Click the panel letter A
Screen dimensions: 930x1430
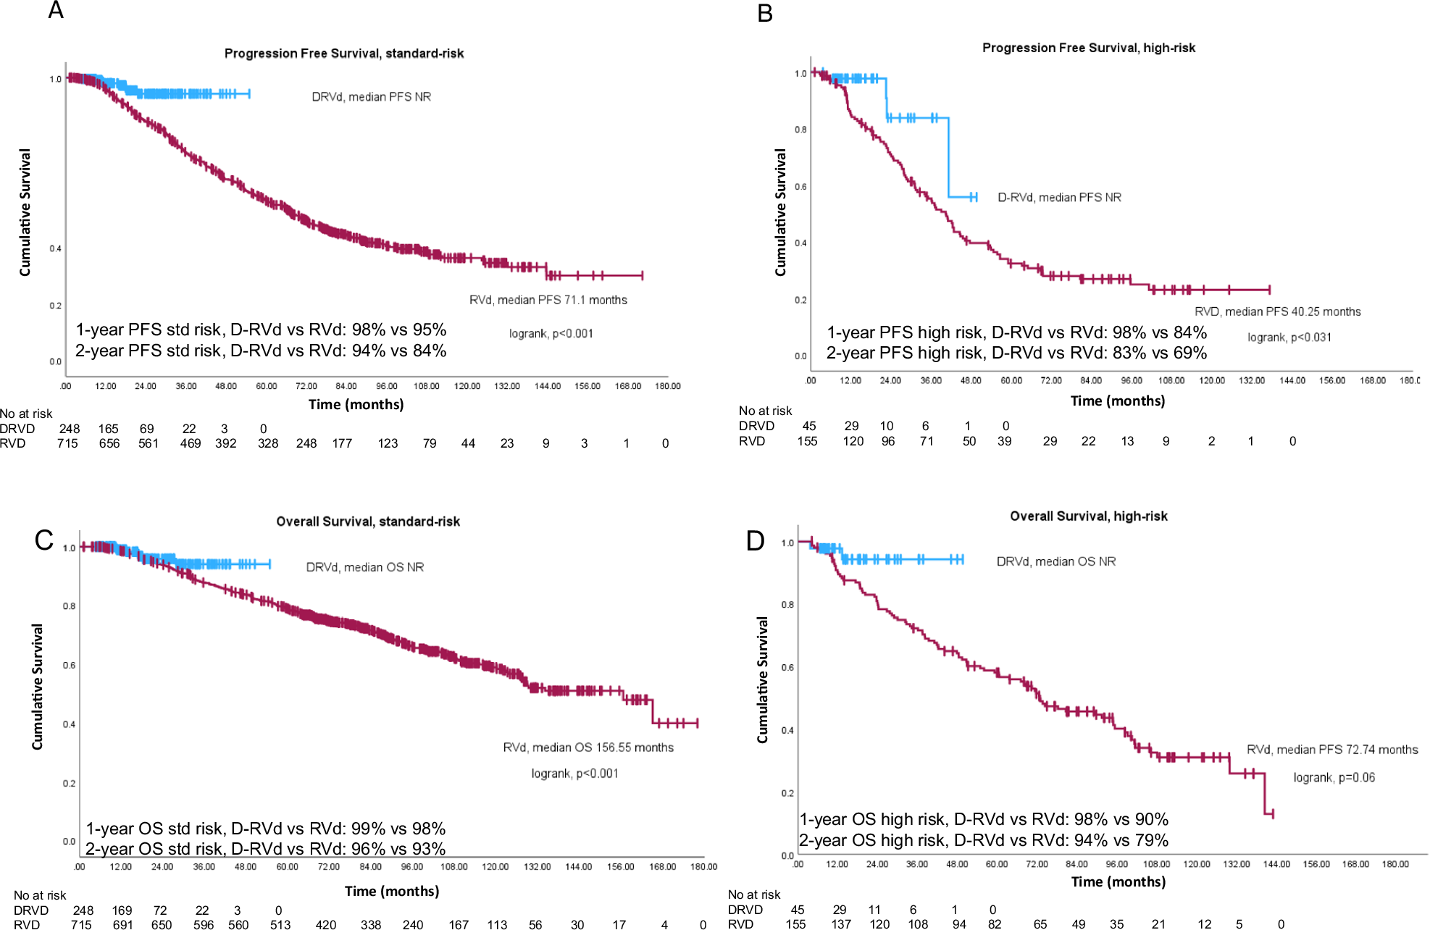(56, 11)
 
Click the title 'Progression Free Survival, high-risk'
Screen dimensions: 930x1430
(1088, 48)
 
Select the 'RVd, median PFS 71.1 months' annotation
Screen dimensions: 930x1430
(548, 300)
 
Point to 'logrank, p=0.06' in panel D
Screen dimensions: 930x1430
(1334, 777)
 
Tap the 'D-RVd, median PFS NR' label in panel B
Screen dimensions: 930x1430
(1059, 197)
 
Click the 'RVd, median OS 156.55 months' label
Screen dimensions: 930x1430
(588, 747)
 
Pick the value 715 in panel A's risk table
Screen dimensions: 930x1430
(67, 443)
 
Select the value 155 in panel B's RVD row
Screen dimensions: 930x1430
(807, 441)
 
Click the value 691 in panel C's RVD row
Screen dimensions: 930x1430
(122, 924)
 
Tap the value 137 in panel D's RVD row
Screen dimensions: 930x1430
(841, 923)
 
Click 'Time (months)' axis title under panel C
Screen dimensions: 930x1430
(391, 891)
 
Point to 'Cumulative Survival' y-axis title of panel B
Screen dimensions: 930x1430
(780, 212)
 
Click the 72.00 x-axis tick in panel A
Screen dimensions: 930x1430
(306, 386)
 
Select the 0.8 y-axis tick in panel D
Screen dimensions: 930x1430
(787, 604)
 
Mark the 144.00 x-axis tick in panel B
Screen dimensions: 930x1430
(1292, 380)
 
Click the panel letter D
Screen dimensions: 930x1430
(755, 540)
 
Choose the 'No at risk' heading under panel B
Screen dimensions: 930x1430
(765, 411)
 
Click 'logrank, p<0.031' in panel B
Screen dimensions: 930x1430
(1289, 337)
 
